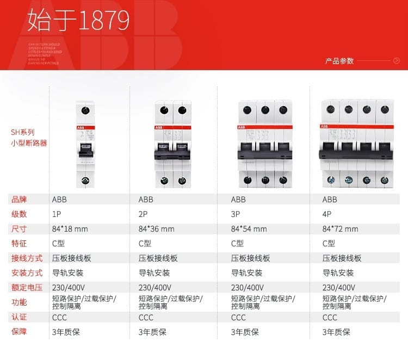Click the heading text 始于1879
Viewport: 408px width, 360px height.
click(x=79, y=21)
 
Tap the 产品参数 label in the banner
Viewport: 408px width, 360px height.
click(x=339, y=61)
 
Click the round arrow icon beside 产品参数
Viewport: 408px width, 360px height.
click(x=395, y=61)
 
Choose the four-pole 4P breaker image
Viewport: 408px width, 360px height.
click(x=357, y=144)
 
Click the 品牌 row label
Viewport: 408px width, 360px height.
click(x=19, y=200)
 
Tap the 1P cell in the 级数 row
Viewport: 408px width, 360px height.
click(x=56, y=214)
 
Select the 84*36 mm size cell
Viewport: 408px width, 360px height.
click(x=157, y=229)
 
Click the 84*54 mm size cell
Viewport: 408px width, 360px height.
click(x=249, y=229)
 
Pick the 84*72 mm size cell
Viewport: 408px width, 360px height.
click(x=341, y=229)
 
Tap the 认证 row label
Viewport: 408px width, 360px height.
click(x=19, y=317)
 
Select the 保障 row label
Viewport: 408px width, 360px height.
click(x=19, y=332)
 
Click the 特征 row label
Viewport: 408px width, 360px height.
click(x=19, y=244)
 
